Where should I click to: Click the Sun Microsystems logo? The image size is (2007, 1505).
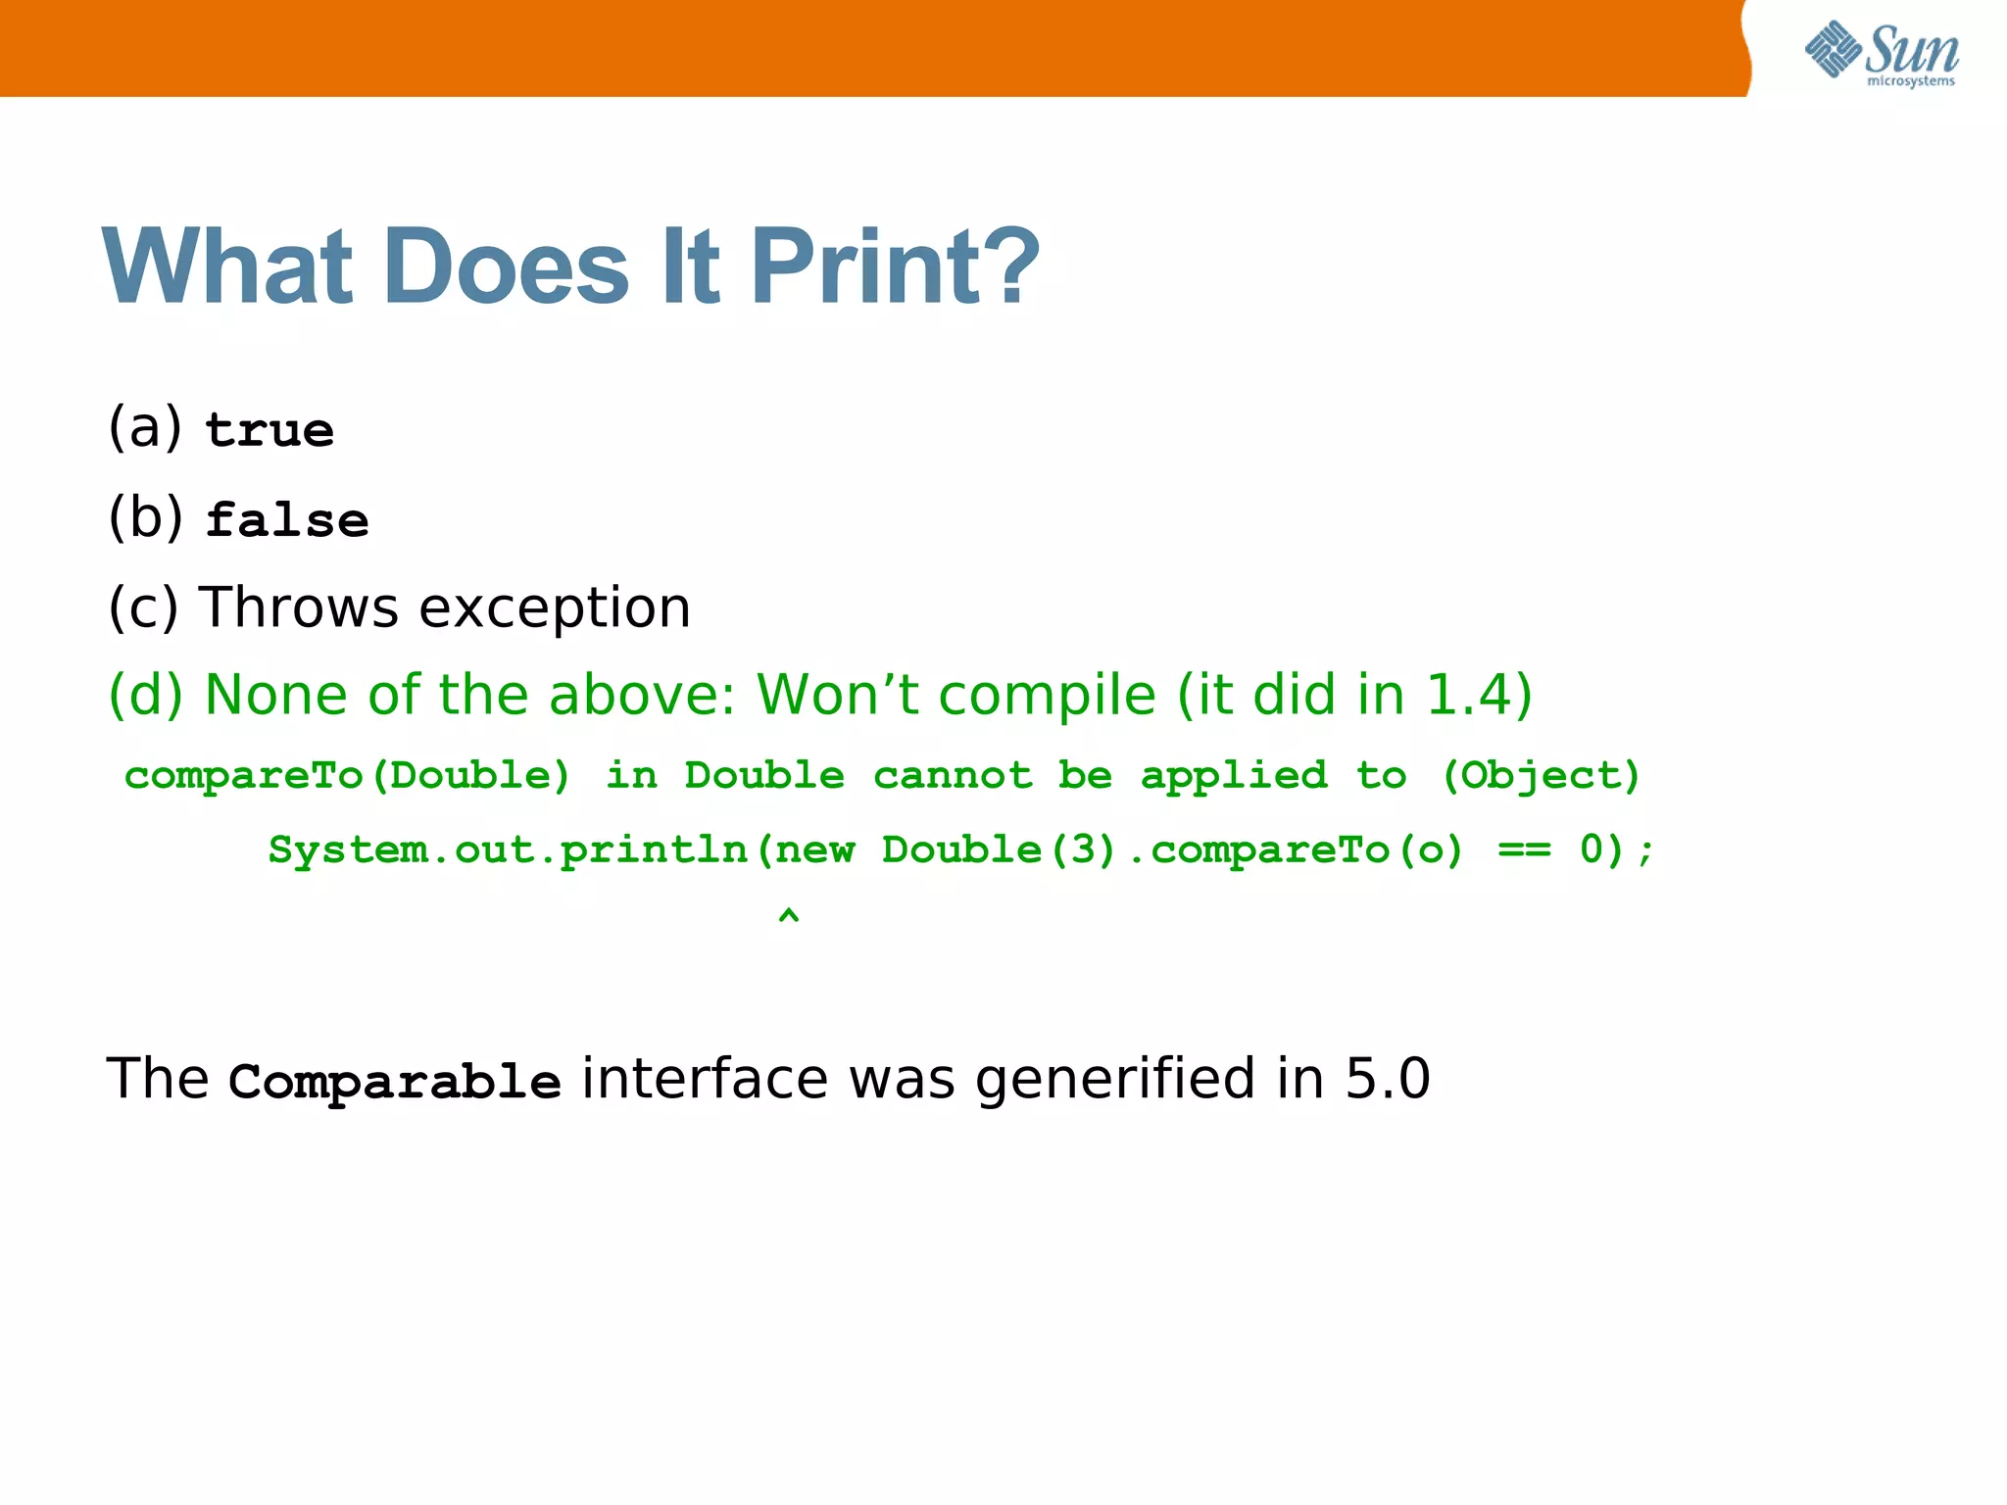[1881, 53]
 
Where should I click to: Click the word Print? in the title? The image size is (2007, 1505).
[896, 267]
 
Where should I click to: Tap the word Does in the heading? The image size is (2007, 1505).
[507, 267]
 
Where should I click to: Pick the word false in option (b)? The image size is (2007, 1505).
[287, 519]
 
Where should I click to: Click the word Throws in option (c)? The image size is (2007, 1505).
[299, 607]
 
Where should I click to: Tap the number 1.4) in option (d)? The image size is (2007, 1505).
[1479, 696]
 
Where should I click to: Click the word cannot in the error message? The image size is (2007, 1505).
[953, 776]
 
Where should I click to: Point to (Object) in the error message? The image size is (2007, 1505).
[1541, 776]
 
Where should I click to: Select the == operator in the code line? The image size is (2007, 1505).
[1524, 850]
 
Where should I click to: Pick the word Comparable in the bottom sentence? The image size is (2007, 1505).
[394, 1082]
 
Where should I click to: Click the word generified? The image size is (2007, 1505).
[1115, 1080]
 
